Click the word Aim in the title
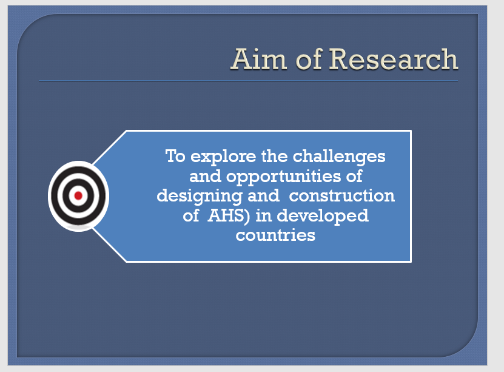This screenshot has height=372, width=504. [x=259, y=59]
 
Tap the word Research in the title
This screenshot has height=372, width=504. [x=394, y=59]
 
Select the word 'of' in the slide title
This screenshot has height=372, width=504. [x=309, y=59]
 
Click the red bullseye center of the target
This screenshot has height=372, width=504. [x=78, y=195]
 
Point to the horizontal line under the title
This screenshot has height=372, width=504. [x=248, y=81]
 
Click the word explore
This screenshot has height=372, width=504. [x=223, y=157]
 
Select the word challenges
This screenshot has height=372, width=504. [x=339, y=157]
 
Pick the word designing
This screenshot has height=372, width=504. [x=200, y=197]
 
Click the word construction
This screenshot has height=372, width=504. [x=342, y=196]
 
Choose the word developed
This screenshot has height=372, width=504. [x=323, y=216]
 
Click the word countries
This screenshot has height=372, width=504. [x=275, y=235]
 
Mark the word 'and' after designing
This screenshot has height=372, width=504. [x=264, y=196]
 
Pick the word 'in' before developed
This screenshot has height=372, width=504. [x=264, y=215]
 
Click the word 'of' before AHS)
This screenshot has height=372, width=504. [x=191, y=215]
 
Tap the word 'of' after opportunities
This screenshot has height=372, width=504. [x=354, y=176]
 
